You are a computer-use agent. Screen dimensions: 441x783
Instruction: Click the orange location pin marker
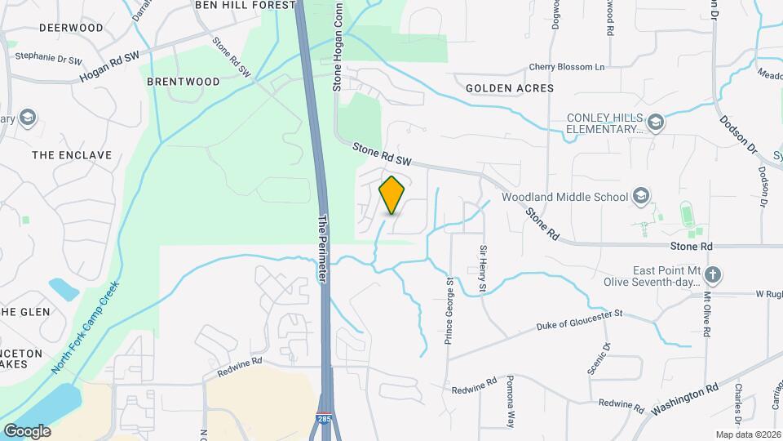point(392,195)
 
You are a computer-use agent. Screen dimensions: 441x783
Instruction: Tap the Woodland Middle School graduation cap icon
point(641,196)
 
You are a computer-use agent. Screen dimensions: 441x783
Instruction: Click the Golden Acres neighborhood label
point(510,87)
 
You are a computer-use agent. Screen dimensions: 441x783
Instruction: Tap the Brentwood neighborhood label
point(184,82)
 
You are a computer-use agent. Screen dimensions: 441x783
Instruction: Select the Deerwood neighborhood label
point(71,28)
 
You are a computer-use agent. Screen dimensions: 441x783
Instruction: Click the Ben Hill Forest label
point(245,5)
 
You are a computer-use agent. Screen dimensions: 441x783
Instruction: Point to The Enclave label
point(60,154)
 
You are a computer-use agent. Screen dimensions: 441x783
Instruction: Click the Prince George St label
point(449,310)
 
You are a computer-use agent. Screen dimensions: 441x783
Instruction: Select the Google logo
point(27,430)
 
